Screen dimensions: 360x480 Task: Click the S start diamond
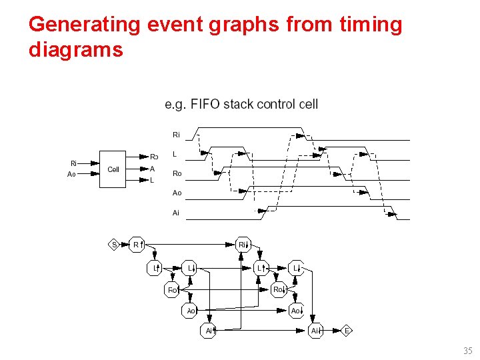coord(114,245)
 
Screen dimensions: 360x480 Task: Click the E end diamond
coord(347,331)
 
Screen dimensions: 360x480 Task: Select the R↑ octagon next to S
coord(137,245)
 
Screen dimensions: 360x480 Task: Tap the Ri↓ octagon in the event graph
coord(244,245)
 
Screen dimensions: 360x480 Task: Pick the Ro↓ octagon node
coord(279,289)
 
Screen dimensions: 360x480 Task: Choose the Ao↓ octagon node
coord(297,311)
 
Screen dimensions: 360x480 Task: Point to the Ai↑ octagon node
coord(209,331)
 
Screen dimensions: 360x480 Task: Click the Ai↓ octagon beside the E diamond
coord(316,331)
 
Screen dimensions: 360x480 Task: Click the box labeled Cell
coord(113,169)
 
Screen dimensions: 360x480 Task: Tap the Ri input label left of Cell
coord(74,163)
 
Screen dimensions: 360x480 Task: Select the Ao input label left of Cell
coord(72,175)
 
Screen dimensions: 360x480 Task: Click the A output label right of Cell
coord(153,169)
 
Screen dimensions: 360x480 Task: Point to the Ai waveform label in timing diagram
coord(176,213)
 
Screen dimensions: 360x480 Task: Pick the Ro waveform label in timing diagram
coord(177,173)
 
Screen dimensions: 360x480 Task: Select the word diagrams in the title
coord(76,49)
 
